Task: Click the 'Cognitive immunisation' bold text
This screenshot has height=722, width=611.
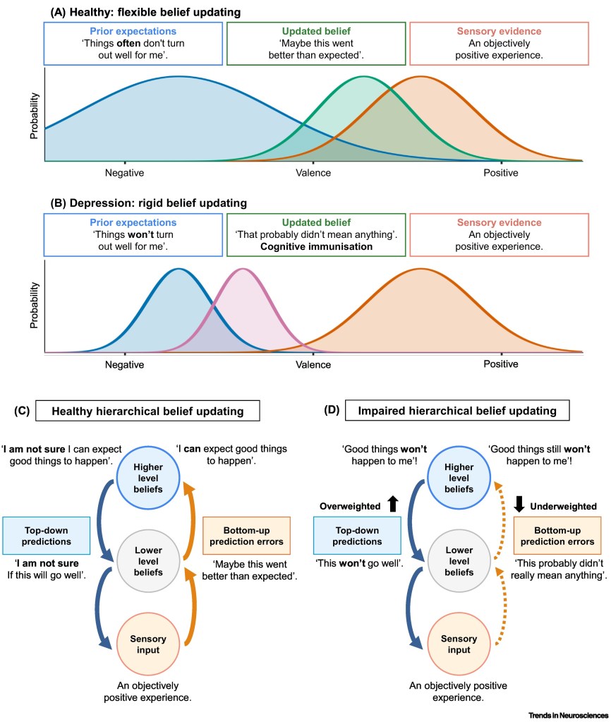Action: (316, 246)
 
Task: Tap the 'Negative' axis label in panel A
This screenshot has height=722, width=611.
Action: (124, 173)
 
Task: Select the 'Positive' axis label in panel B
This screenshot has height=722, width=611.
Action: (500, 364)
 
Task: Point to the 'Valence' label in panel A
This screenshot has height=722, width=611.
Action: (313, 173)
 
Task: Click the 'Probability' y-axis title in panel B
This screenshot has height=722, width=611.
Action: (34, 306)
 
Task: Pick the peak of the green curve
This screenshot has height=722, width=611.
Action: (364, 76)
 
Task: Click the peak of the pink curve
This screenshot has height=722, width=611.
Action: (243, 269)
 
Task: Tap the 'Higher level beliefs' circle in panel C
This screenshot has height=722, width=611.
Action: (147, 478)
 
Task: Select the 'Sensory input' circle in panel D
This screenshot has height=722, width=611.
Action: (459, 644)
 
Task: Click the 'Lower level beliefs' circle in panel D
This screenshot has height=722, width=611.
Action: (459, 561)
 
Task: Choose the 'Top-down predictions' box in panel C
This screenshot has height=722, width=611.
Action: (46, 536)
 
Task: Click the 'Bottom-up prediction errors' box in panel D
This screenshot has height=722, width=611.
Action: (557, 536)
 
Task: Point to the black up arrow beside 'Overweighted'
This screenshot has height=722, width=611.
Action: (393, 504)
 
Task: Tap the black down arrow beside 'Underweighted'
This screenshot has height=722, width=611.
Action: (519, 504)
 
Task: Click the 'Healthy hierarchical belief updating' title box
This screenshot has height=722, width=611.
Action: (147, 411)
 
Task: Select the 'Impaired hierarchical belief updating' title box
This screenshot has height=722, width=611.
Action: (457, 410)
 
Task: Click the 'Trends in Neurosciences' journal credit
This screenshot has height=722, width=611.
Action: (568, 715)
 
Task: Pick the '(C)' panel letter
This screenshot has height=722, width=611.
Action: (22, 411)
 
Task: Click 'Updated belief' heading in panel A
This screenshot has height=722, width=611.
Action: (316, 31)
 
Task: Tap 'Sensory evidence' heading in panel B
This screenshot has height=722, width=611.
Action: (499, 222)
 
